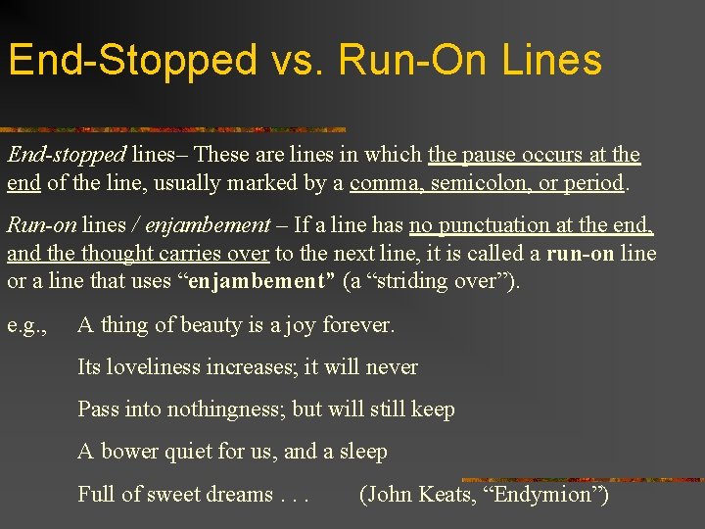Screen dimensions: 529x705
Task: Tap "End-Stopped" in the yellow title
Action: [132, 61]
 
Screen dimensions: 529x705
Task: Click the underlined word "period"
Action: [594, 183]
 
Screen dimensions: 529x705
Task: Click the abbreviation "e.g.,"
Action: [27, 324]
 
